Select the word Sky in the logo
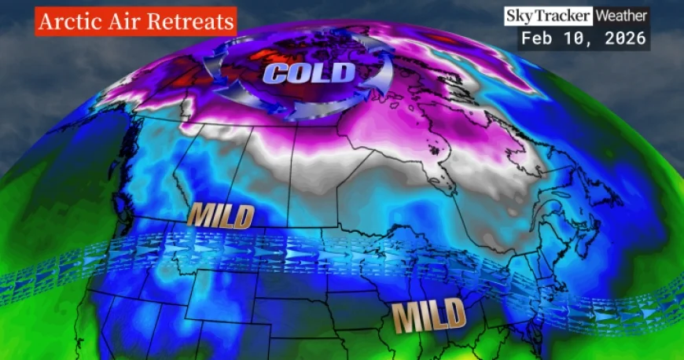click(x=520, y=16)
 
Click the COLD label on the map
click(x=309, y=74)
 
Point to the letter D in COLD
click(x=344, y=73)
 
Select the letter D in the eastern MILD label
click(x=454, y=318)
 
